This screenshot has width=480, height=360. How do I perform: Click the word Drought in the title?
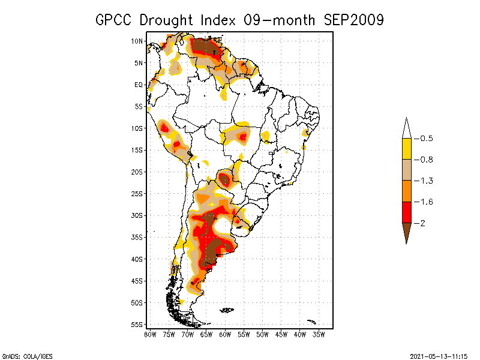coord(166,20)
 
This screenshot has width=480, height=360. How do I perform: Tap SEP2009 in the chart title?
coord(353,20)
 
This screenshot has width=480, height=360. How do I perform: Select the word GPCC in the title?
coord(113,20)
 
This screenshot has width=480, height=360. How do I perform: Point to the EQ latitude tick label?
coord(139,85)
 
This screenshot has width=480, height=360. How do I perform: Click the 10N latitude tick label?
coord(137,41)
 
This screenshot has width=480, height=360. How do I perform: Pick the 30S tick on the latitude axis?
coord(137,215)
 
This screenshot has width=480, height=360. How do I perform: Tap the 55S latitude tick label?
coord(137,325)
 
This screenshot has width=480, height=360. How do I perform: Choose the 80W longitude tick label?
coord(150,335)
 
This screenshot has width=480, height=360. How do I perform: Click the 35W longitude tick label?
coord(319,335)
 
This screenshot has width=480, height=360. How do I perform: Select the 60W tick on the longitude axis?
coord(225,335)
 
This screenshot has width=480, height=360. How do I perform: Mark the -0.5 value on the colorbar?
coord(424,139)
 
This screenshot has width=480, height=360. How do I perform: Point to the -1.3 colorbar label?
coord(424,181)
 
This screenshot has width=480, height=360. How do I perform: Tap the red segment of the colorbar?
coord(407,212)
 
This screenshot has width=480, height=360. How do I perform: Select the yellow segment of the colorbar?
coord(407,149)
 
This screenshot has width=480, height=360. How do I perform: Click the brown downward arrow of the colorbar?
coord(407,231)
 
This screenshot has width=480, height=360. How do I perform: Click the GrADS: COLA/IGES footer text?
coord(27,356)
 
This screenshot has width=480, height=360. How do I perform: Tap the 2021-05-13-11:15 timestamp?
coord(439,356)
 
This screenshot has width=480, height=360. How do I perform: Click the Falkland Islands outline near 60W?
coord(227,310)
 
